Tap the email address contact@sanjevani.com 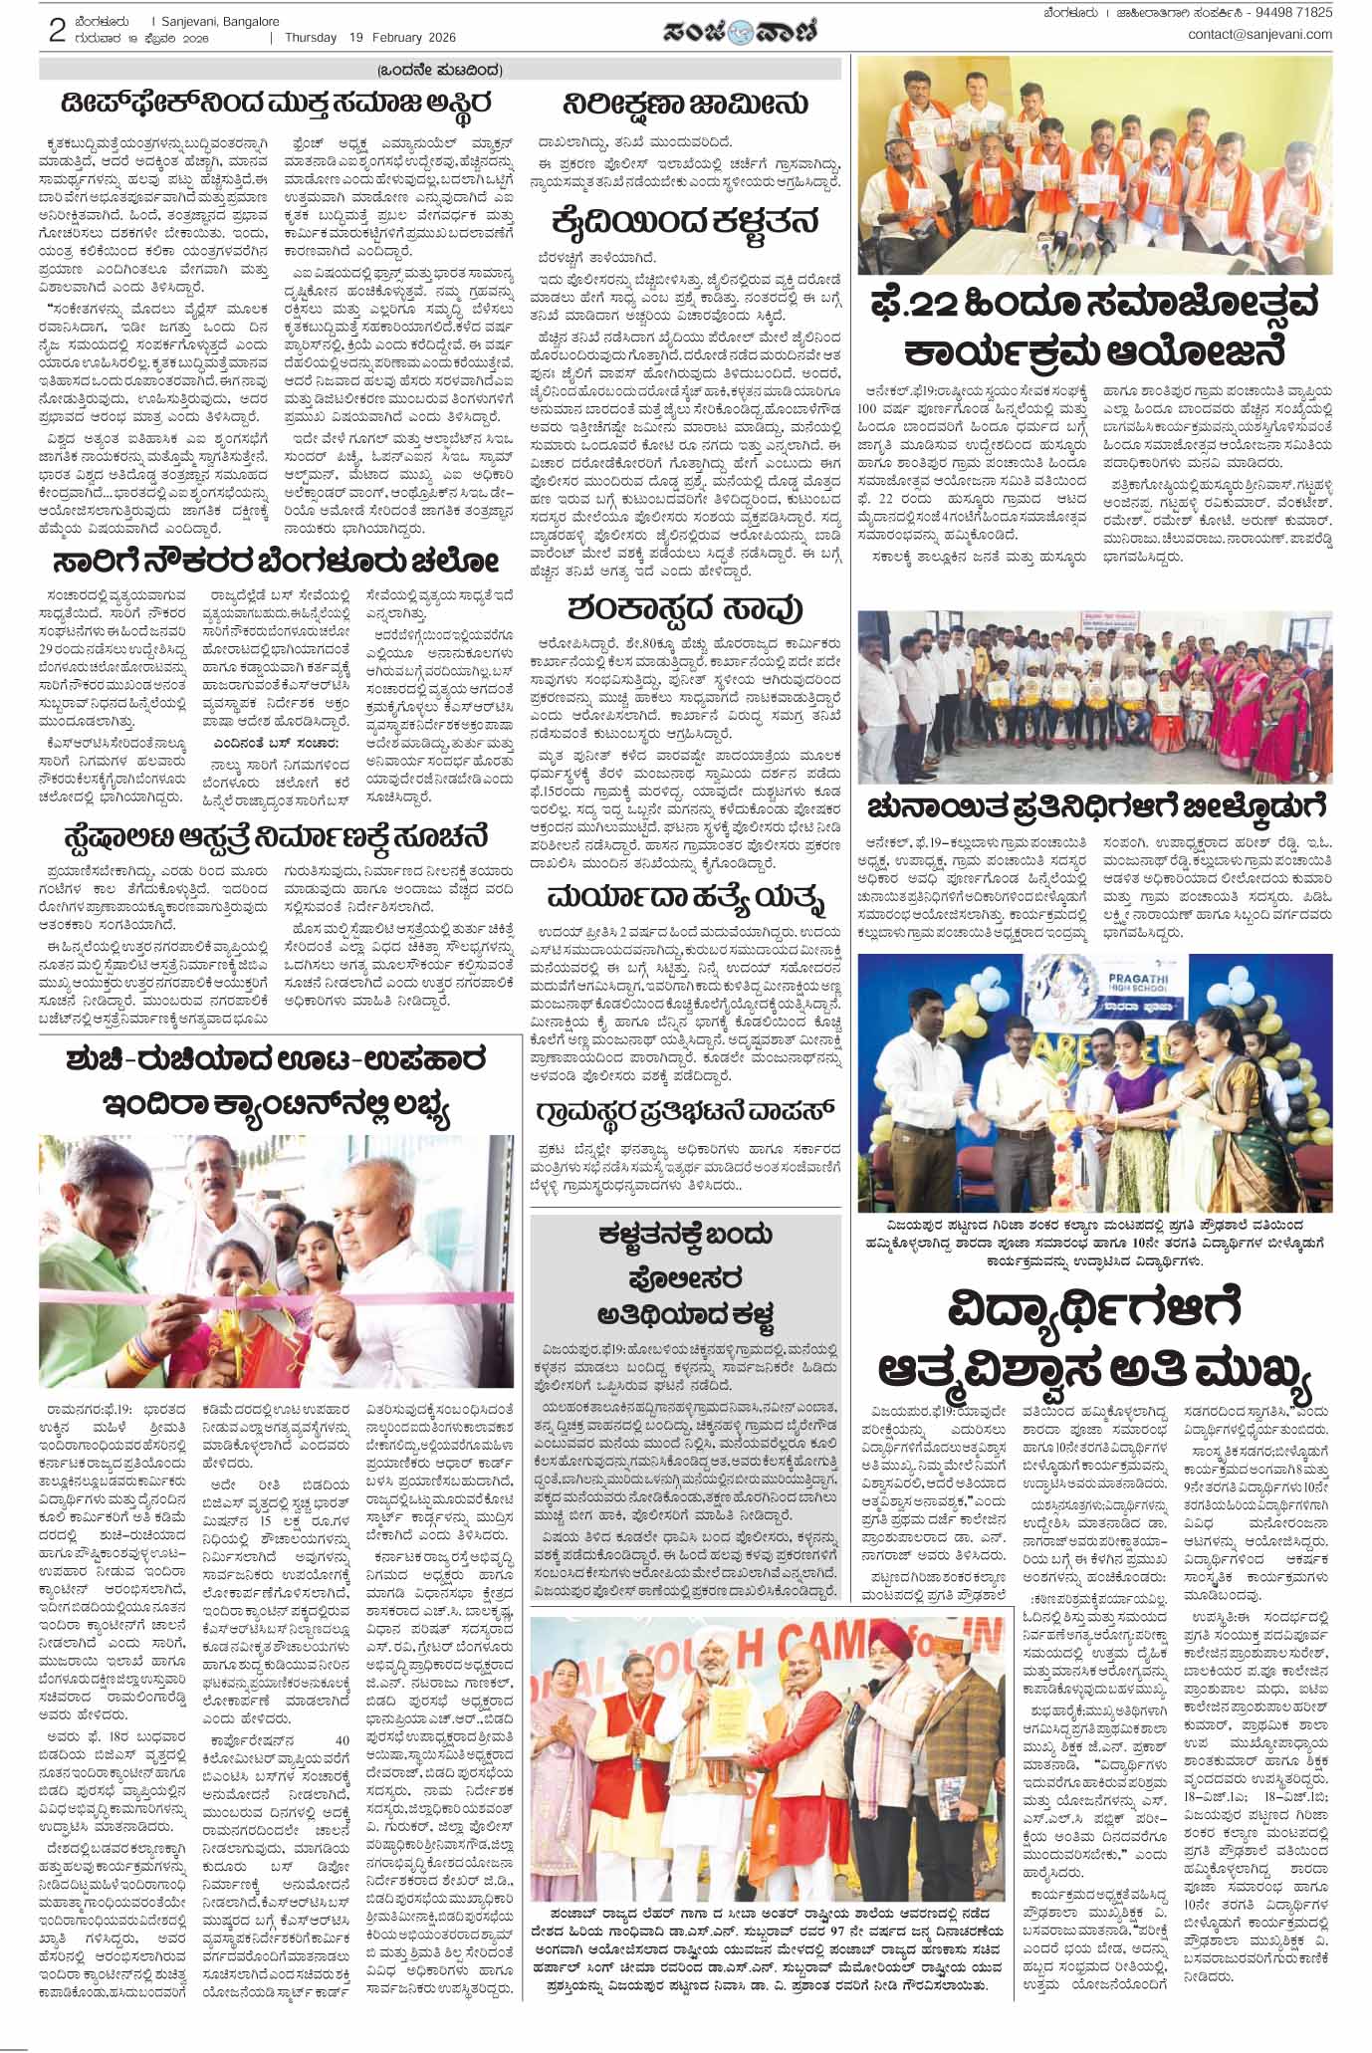[x=1259, y=35]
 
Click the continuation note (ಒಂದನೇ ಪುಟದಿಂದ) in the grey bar [x=440, y=70]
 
